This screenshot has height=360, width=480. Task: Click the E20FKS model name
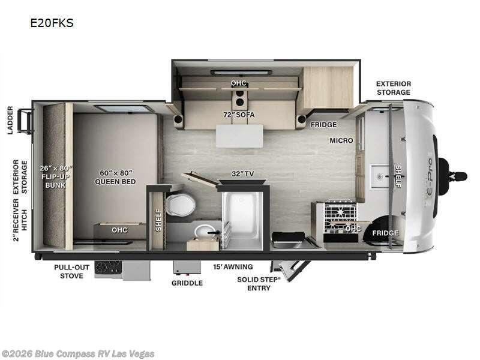click(52, 23)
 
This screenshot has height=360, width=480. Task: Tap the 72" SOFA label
click(239, 115)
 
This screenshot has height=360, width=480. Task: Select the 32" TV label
click(242, 173)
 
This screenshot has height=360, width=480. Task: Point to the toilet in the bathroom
click(181, 205)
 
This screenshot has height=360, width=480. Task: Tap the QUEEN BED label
click(115, 182)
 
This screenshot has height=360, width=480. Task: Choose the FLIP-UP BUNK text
click(55, 181)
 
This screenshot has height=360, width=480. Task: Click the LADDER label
click(10, 121)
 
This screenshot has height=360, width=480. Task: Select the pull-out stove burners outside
click(109, 268)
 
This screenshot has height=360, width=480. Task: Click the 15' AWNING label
click(233, 266)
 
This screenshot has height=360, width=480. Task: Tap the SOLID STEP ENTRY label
click(259, 284)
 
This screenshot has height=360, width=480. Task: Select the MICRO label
click(341, 140)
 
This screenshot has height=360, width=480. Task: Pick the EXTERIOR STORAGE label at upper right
click(394, 88)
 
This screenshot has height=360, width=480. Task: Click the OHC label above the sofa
click(238, 83)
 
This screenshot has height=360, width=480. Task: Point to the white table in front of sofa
click(239, 136)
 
